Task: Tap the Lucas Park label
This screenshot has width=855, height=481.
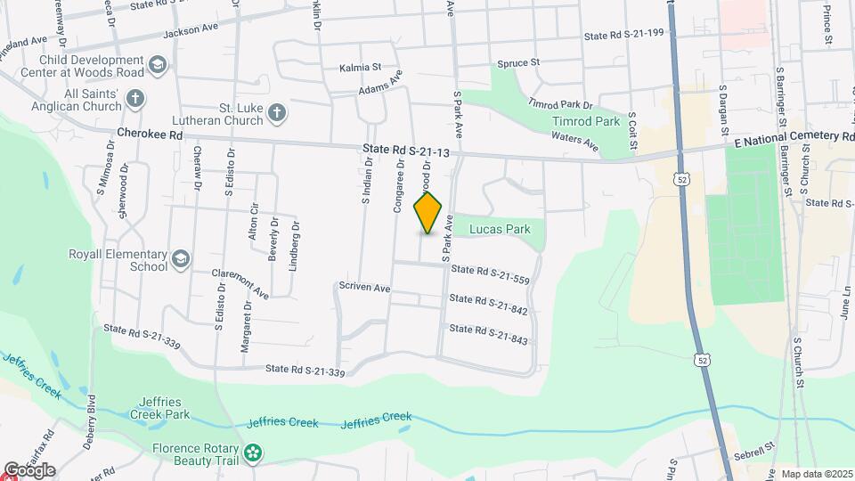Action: [505, 229]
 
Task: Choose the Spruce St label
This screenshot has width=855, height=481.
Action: [517, 62]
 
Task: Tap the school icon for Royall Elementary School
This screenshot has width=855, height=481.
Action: [181, 258]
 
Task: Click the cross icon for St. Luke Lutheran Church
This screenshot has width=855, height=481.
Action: [277, 112]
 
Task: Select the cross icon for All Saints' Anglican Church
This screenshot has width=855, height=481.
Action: [134, 97]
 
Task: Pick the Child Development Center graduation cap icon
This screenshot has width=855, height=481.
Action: [158, 64]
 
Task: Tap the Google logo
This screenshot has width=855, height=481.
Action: [29, 470]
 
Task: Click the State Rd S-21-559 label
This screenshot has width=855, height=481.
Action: [490, 274]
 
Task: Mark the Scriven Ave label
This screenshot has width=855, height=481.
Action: [364, 288]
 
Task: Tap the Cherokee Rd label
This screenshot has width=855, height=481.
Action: [150, 135]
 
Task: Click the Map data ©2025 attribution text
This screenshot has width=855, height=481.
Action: [817, 474]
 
